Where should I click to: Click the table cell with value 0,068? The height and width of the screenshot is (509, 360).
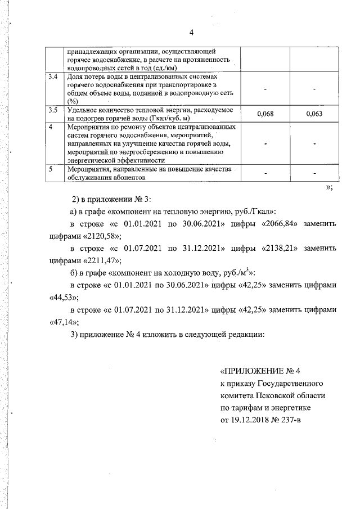[264, 114]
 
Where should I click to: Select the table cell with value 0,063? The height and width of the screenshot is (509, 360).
[314, 114]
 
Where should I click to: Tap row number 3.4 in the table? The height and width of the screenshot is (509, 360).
[53, 76]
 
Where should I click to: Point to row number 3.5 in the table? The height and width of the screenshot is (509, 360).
[53, 110]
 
